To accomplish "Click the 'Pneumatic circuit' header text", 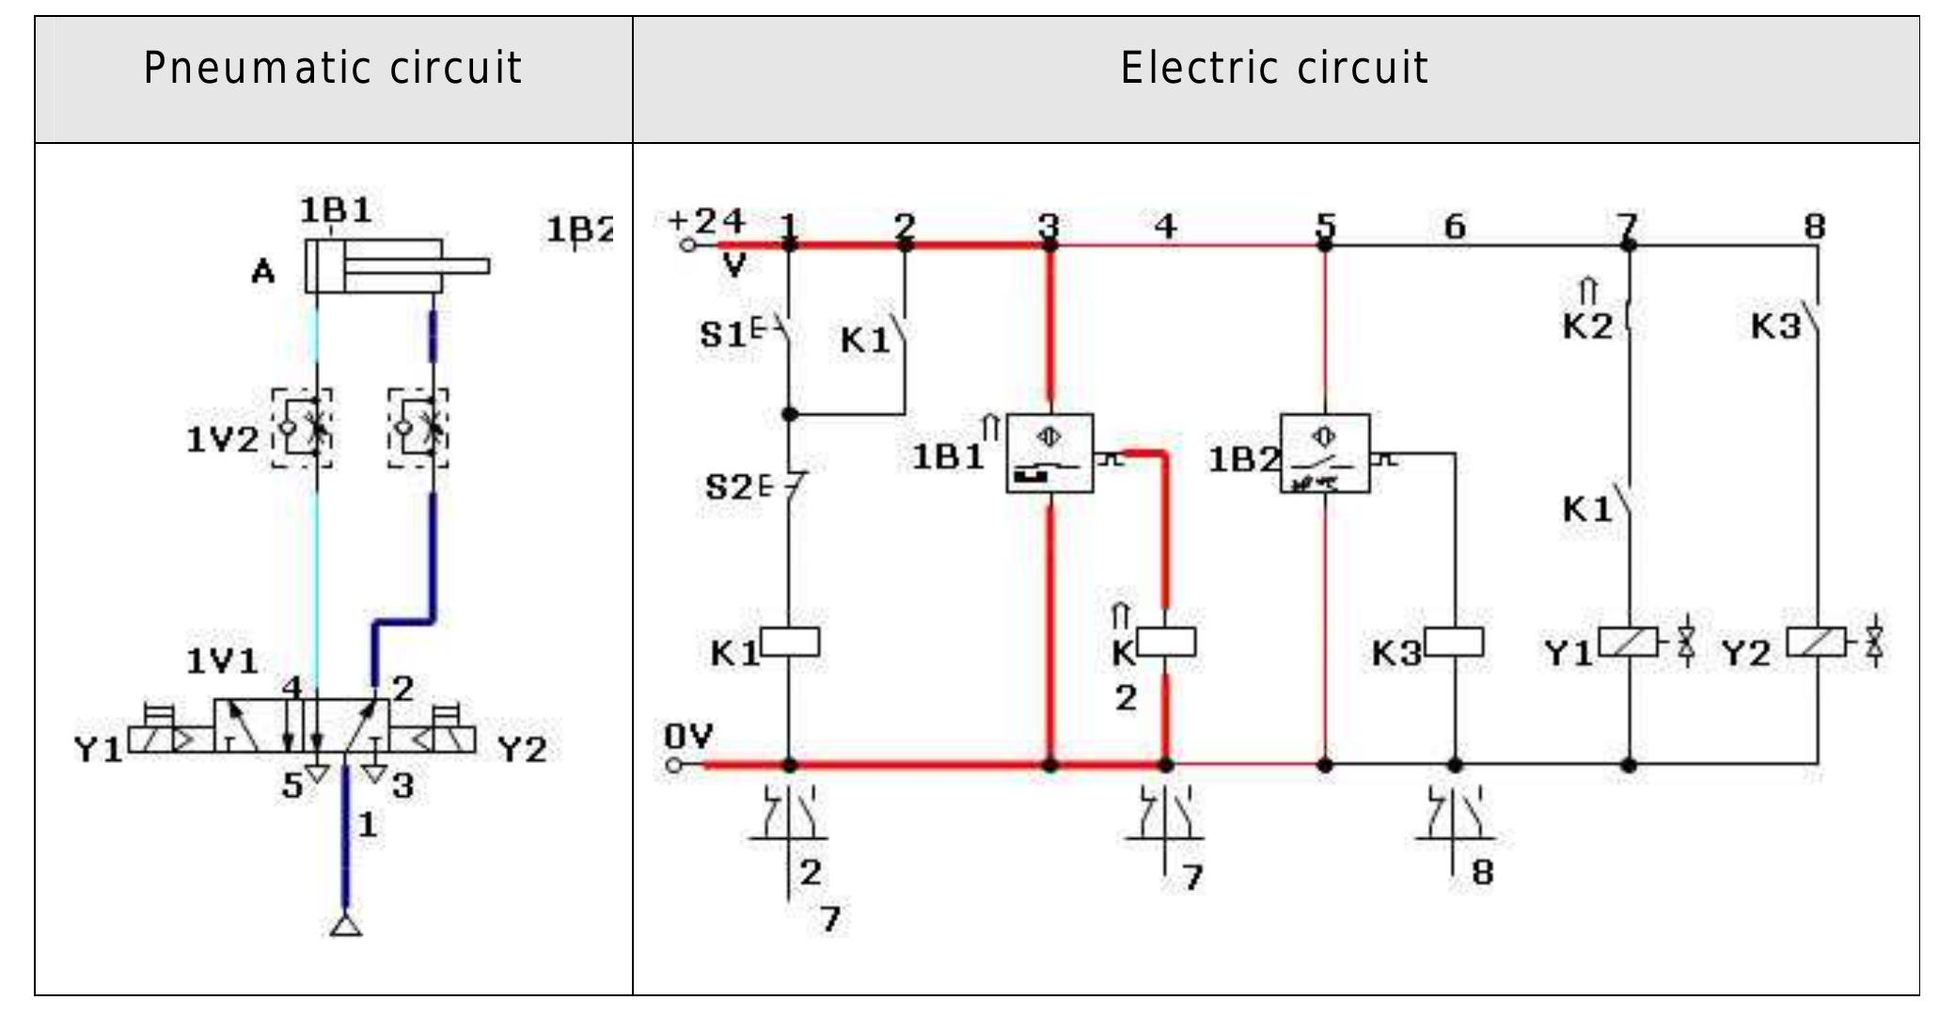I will [x=333, y=69].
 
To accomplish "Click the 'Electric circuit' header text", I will [x=1274, y=69].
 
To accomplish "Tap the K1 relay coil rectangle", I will [x=790, y=643].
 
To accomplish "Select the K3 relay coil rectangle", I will [x=1454, y=643].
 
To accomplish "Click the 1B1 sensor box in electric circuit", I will [x=1049, y=452].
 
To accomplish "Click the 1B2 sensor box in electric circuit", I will [x=1325, y=453].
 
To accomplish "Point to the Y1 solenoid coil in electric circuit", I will [x=1628, y=642].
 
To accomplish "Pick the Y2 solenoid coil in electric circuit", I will [x=1816, y=642].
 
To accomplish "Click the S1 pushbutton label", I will [x=723, y=335].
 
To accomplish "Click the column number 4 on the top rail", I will [x=1165, y=226].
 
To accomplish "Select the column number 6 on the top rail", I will [x=1454, y=226].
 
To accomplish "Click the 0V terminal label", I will [x=688, y=737].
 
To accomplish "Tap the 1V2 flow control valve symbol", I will [x=303, y=428].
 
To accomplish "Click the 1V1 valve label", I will [x=222, y=661].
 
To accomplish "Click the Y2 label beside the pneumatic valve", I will [x=522, y=750].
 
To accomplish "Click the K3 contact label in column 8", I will [x=1775, y=326].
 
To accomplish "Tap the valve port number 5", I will [x=292, y=786].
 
